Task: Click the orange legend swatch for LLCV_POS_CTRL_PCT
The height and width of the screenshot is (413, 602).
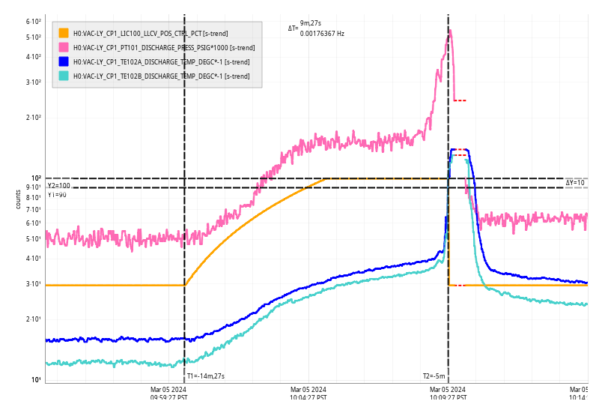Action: coord(64,33)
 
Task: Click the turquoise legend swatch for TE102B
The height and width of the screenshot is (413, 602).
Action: coord(64,76)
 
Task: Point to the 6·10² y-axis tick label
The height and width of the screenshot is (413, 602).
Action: coord(33,21)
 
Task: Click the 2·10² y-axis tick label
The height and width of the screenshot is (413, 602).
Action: coord(33,118)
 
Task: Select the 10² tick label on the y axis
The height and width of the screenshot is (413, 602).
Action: coord(36,178)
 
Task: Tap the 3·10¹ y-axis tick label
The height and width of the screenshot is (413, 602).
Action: coord(33,284)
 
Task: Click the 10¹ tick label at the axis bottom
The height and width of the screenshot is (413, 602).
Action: coord(36,380)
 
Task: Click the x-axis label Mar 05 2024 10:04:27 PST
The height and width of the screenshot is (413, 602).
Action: coord(308,394)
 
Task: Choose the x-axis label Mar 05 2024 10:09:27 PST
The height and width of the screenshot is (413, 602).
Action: coord(447,394)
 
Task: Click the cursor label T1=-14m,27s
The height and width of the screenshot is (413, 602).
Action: coord(206,376)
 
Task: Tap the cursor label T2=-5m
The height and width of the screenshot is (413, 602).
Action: coord(434,376)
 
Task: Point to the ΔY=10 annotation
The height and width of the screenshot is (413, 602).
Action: coord(575,183)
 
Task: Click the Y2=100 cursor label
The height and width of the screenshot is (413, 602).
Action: coord(59,186)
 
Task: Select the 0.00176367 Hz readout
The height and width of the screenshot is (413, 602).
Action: coord(322,34)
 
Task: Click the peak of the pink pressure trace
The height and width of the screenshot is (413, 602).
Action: coord(450,31)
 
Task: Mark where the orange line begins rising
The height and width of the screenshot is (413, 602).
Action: coord(185,285)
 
